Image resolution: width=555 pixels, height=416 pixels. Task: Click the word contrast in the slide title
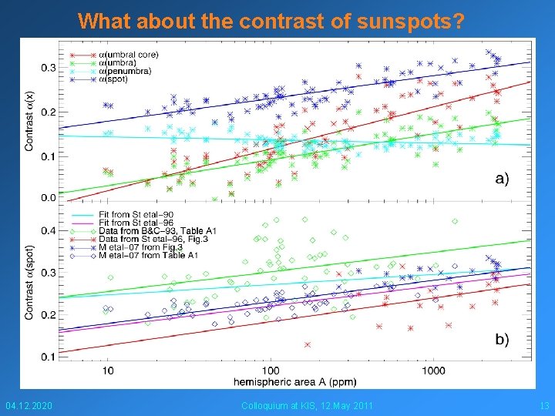coord(288,21)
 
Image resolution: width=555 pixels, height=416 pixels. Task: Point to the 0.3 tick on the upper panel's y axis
coord(49,68)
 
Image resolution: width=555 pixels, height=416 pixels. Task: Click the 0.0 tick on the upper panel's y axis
coord(49,198)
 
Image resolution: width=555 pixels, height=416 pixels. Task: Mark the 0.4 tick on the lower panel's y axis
coord(49,230)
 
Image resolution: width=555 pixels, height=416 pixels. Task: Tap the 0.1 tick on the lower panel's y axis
coord(49,357)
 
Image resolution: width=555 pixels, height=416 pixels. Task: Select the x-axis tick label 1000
coord(433,371)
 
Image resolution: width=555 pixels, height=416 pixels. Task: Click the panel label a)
coord(501,178)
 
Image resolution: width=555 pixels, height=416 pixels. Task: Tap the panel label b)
coord(501,340)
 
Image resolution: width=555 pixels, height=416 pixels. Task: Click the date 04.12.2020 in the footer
coord(29,406)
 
